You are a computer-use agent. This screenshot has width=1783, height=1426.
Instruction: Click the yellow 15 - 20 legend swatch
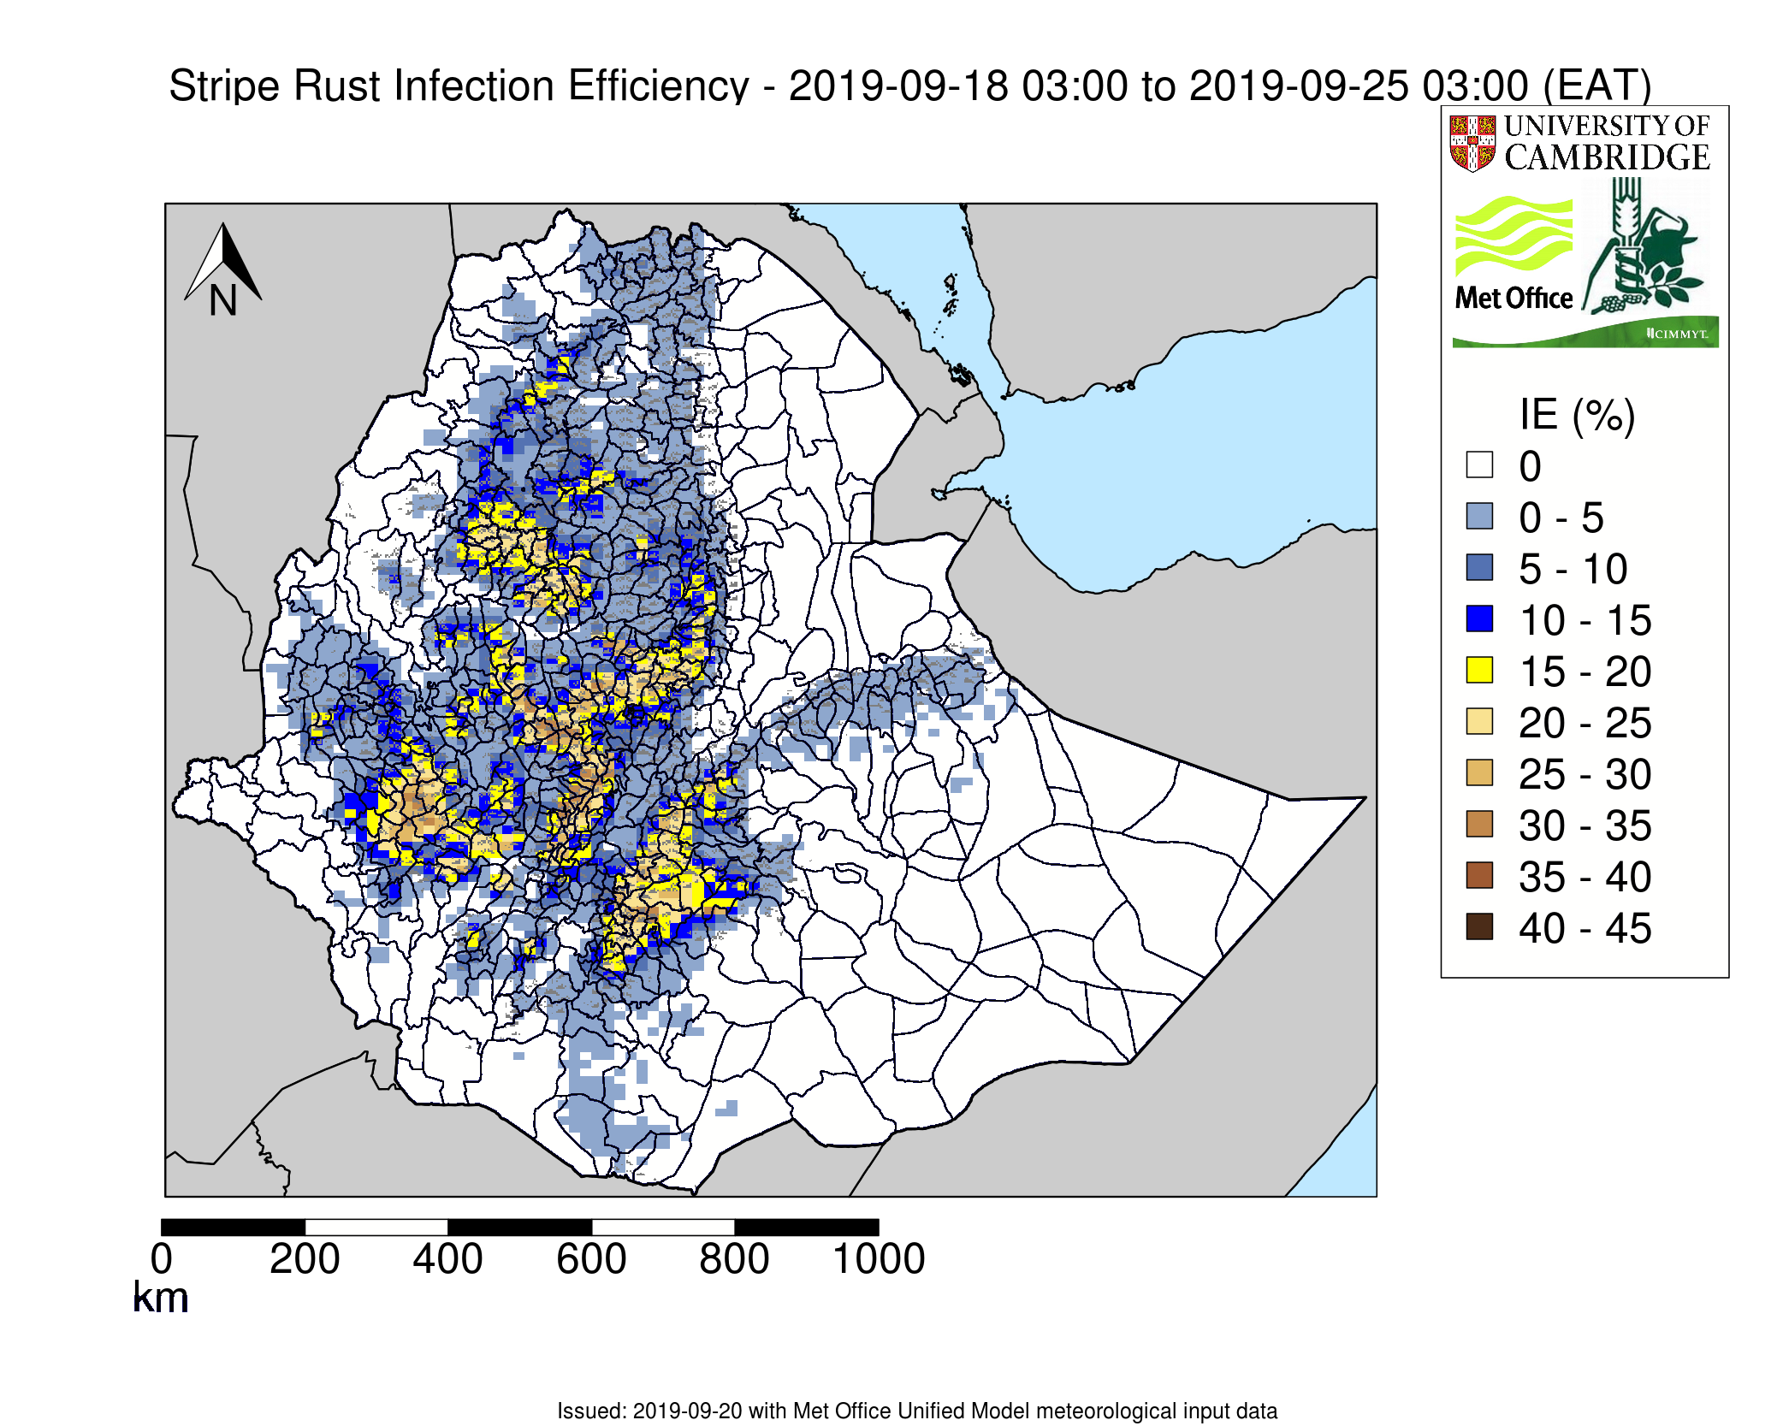point(1479,670)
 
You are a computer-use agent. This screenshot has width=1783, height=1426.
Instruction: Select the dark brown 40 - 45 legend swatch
point(1479,926)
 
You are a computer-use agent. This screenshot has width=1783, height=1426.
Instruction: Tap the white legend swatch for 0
point(1479,464)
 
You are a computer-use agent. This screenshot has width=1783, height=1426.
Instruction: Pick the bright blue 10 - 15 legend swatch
point(1479,618)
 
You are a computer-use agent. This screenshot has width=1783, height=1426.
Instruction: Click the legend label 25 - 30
point(1585,774)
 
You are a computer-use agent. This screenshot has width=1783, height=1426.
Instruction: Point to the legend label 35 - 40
point(1585,877)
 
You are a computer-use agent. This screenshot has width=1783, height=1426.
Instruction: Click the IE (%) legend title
point(1577,415)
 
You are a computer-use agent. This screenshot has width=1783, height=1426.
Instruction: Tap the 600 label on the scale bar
point(590,1259)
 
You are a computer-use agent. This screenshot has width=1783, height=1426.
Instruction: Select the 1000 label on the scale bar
point(879,1259)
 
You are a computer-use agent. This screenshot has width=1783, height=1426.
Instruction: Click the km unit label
point(161,1298)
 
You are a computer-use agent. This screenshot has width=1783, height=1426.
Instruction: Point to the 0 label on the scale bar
point(162,1259)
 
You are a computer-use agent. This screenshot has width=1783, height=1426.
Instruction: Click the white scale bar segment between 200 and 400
point(376,1227)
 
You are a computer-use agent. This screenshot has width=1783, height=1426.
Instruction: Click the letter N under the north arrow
point(223,301)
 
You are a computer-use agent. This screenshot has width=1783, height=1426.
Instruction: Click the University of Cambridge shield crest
point(1472,143)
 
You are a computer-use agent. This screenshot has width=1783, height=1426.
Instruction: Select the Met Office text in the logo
point(1513,298)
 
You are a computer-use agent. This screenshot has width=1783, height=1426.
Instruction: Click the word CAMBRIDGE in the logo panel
point(1607,157)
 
